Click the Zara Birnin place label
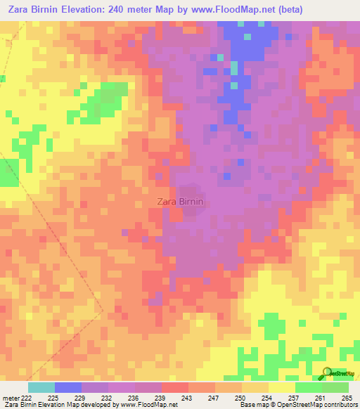point(180,201)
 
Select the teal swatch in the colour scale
point(41,387)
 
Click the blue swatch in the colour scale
point(67,387)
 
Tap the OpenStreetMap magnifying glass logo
point(328,373)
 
